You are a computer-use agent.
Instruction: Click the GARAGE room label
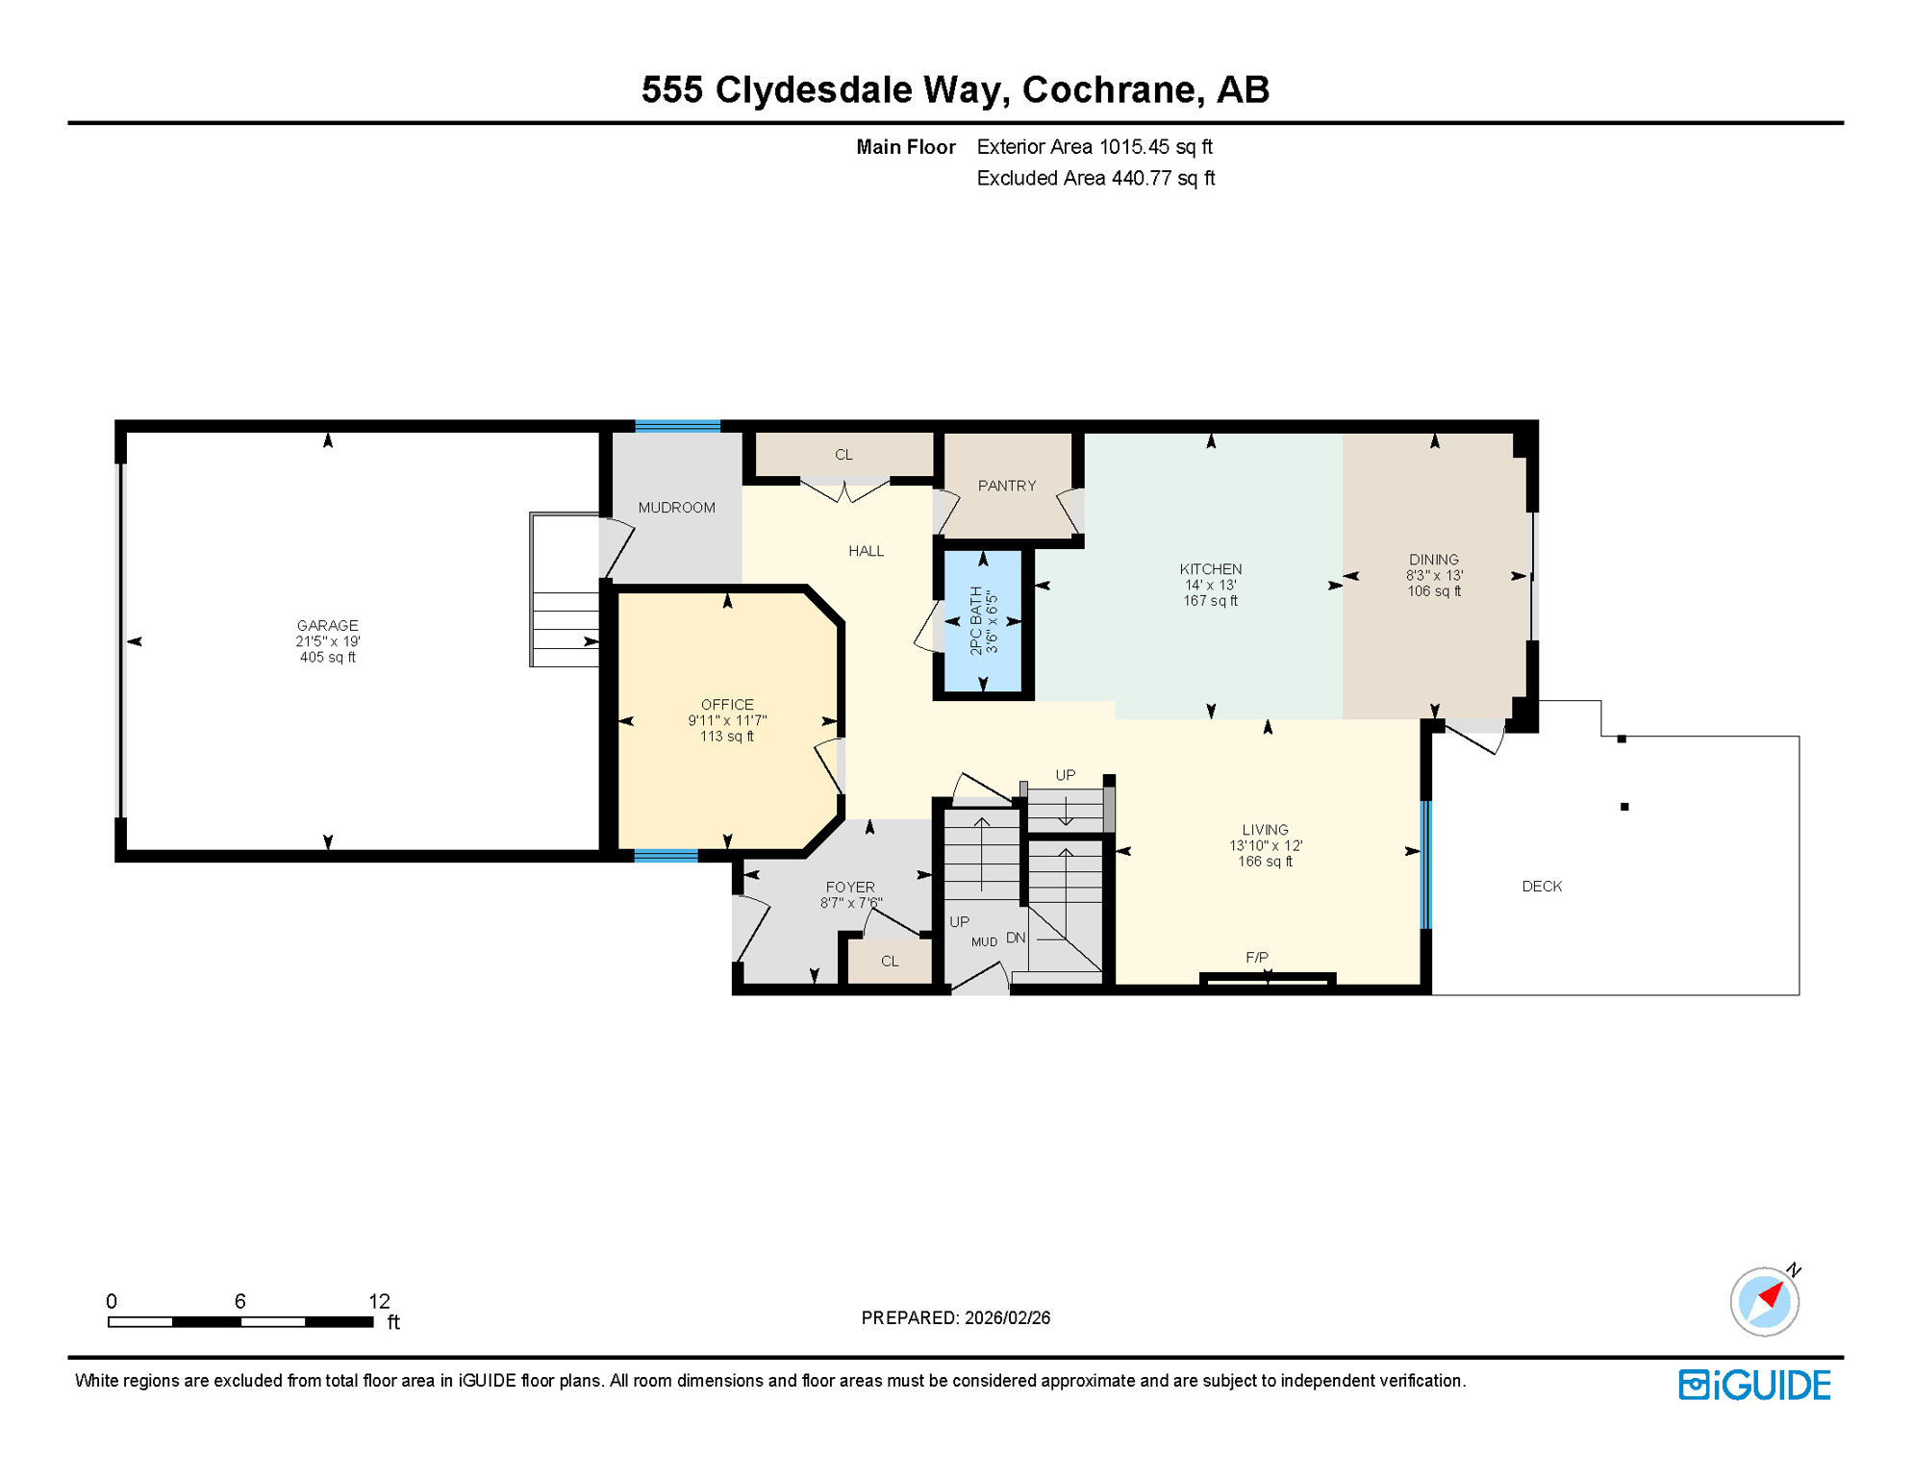327,625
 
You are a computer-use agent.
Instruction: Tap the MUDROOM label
676,508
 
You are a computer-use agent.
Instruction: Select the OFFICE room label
727,705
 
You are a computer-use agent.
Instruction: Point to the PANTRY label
1007,486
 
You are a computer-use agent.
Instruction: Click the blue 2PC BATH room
983,621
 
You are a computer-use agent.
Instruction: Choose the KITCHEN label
1211,569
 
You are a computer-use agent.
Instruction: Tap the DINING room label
1433,560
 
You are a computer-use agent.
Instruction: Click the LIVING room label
1265,830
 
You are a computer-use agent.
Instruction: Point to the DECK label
1542,887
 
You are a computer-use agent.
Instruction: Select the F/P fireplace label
1257,958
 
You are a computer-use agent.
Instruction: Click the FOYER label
850,888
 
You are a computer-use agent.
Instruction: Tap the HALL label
866,551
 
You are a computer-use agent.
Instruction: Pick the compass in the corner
1765,1301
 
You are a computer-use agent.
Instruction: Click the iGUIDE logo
1754,1385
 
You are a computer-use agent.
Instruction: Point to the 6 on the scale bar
240,1301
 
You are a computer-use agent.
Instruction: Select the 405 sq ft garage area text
327,658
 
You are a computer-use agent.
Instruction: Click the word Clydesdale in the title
862,89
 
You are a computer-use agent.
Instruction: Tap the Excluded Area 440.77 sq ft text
1095,178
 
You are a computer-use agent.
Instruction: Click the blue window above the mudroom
677,426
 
